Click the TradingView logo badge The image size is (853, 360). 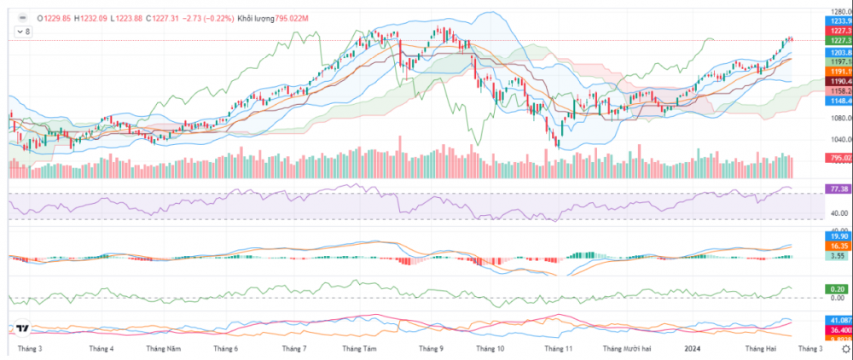(x=23, y=330)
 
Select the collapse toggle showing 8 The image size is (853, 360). (x=23, y=32)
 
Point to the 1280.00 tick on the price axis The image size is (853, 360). (x=837, y=10)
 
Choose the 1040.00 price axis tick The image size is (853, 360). (x=837, y=140)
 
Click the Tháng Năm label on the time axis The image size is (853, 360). (x=163, y=349)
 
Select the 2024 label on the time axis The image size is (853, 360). (x=693, y=349)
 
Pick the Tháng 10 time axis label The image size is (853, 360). (x=491, y=349)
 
